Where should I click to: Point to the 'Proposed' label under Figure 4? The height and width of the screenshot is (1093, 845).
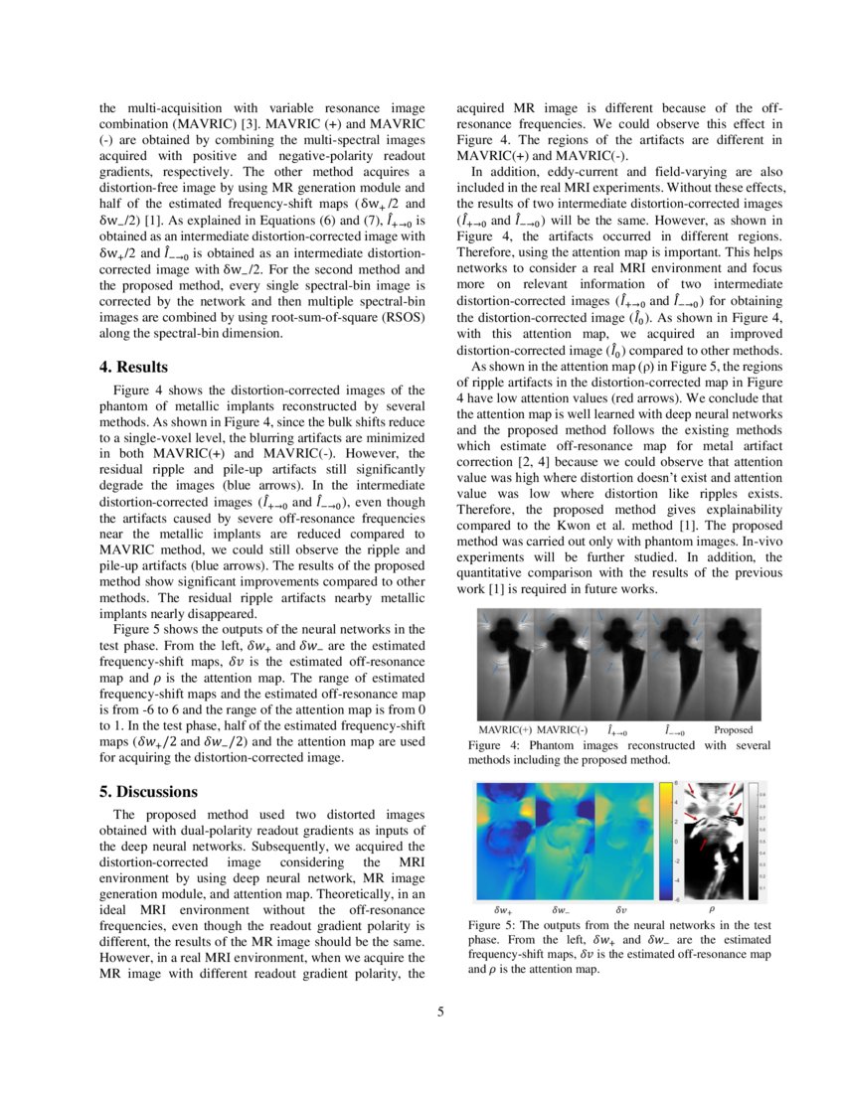pos(734,730)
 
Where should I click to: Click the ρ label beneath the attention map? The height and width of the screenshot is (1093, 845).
pos(711,909)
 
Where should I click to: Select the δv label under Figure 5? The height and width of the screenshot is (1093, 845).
pos(620,909)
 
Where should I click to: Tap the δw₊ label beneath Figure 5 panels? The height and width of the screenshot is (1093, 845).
pos(504,909)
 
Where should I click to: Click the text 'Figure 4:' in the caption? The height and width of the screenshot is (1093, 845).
pos(494,745)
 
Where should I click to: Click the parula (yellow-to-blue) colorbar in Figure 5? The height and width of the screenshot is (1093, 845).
pos(665,841)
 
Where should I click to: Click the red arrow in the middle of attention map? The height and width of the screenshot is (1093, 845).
pos(702,845)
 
